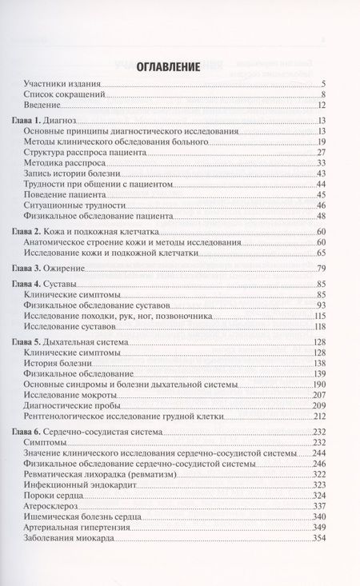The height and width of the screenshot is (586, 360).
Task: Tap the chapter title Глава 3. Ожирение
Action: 52,268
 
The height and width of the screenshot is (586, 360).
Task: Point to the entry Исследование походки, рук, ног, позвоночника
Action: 107,316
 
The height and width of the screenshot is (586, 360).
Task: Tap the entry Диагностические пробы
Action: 70,405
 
